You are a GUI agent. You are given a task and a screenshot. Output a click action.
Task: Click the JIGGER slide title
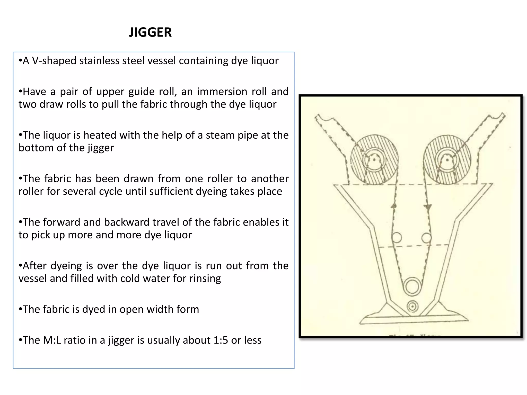point(150,32)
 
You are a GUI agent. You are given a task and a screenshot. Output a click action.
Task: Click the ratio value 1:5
point(221,340)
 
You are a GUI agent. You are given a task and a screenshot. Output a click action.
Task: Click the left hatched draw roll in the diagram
point(374,160)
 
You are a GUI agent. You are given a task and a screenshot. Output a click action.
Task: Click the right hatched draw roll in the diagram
point(447,160)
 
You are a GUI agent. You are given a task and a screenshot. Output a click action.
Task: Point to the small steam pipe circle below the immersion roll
point(412,306)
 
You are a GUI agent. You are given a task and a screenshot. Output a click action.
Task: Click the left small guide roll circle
point(397,237)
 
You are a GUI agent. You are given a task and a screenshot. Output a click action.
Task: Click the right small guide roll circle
point(426,238)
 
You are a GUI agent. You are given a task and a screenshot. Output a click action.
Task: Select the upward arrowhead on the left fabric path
point(393,206)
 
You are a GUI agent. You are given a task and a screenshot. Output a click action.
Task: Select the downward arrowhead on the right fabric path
point(428,207)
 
